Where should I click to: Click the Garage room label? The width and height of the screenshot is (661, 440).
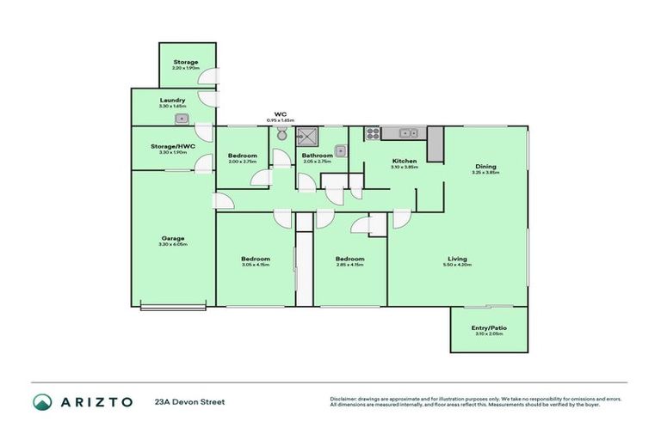pos(173,238)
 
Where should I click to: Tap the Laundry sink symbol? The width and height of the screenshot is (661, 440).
pos(182,119)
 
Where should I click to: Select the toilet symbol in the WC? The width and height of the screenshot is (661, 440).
pos(281,134)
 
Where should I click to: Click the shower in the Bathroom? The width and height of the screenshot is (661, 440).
pos(306,134)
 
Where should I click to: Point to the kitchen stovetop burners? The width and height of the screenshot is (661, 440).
pos(374,133)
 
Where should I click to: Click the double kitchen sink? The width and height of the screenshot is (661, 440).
pos(408,133)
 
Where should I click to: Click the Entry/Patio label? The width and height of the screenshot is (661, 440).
pos(486,327)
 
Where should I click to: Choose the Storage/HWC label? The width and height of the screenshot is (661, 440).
pos(173,145)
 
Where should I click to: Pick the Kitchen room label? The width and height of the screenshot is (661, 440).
pos(405,161)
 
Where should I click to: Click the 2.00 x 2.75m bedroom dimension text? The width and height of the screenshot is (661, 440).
pos(242,162)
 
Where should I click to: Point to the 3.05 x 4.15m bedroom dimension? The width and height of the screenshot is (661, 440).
pos(256,265)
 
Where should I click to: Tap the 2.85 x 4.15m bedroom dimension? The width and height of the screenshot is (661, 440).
pos(349,265)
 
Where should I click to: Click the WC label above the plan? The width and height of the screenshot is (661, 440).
pos(280,113)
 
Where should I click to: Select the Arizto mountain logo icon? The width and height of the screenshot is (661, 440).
pos(42,401)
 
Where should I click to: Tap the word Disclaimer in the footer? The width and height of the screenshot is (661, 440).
pos(344,399)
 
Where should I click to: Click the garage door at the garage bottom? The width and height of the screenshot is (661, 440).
pos(173,305)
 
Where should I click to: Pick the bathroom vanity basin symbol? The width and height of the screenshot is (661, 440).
pos(341,151)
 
